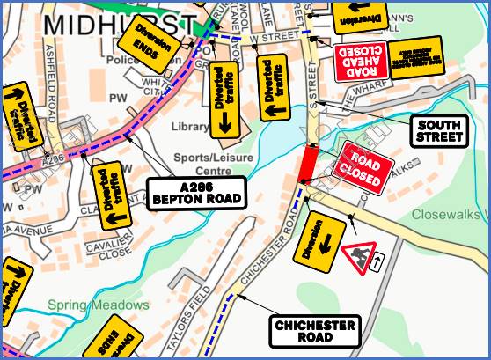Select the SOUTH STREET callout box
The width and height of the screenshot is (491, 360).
click(x=439, y=131)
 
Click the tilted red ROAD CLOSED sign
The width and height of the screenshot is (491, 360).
click(x=358, y=167)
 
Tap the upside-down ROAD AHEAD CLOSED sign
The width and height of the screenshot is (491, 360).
click(x=361, y=59)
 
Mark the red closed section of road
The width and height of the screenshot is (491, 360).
click(x=308, y=165)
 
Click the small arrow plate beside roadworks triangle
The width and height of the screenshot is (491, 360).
click(x=380, y=261)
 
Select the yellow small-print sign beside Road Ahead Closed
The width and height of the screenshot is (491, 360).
click(x=416, y=56)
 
